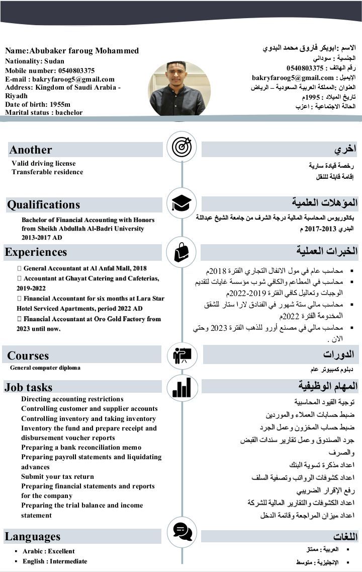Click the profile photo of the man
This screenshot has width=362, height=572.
(x=179, y=89)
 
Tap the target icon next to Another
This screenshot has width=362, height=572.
(x=182, y=147)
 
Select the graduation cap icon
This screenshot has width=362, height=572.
(x=182, y=203)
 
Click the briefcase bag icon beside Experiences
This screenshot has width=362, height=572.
(x=182, y=251)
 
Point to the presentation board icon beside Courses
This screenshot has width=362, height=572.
(x=182, y=355)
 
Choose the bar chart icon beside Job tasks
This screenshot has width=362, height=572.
(x=182, y=387)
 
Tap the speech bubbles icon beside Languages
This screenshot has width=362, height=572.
(x=182, y=530)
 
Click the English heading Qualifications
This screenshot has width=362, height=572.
(x=43, y=204)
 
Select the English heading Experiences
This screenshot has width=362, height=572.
(x=36, y=252)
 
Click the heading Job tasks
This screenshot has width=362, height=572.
(x=29, y=387)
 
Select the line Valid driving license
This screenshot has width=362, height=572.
(x=44, y=163)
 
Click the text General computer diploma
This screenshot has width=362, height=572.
(x=45, y=368)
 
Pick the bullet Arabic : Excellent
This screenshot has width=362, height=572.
(x=48, y=551)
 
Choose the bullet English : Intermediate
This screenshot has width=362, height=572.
(x=55, y=561)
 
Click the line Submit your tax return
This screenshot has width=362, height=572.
(x=57, y=476)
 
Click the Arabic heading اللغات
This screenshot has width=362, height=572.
(x=345, y=536)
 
